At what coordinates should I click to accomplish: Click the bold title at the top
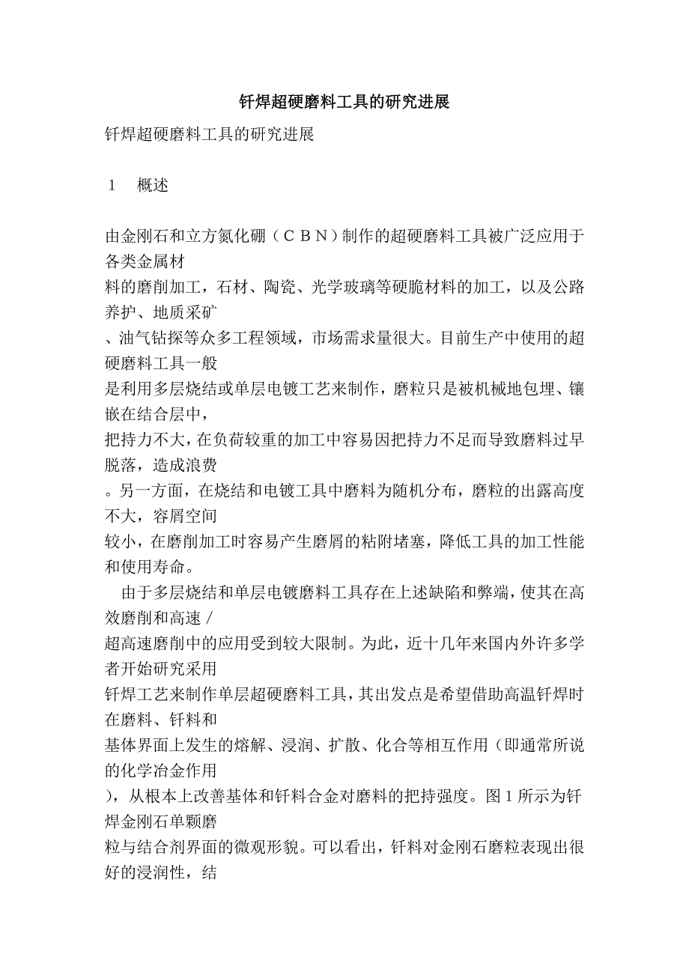pos(344,102)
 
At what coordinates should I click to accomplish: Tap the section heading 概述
pos(153,186)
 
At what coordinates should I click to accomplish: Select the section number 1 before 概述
pos(112,186)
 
